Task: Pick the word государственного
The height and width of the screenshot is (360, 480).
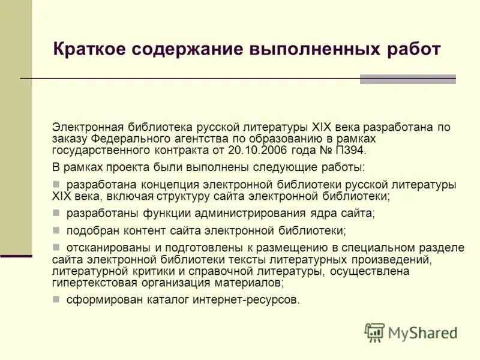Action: [x=98, y=150]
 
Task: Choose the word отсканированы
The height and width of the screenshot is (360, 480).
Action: [x=104, y=248]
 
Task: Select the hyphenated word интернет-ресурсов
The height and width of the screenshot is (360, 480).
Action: [x=244, y=299]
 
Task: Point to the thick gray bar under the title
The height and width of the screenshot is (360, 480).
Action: [x=407, y=79]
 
